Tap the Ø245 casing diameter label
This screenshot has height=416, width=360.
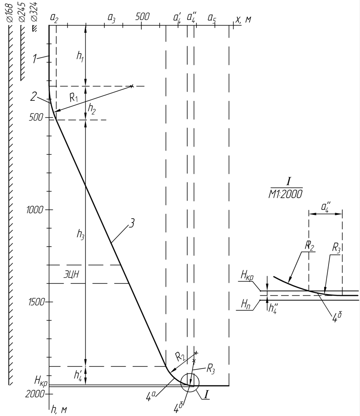(x=22, y=13)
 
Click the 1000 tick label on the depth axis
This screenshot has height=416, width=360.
(x=34, y=210)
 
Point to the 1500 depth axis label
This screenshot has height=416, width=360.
(x=36, y=302)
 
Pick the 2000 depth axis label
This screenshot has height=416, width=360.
(x=34, y=394)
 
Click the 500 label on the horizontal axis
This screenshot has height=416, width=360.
(x=142, y=17)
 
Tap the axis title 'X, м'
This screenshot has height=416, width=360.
(x=243, y=19)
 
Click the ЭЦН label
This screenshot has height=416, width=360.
(x=71, y=274)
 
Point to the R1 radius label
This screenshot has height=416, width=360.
(x=74, y=98)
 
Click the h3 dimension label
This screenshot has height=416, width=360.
(x=80, y=234)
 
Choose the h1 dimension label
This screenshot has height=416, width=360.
(x=80, y=56)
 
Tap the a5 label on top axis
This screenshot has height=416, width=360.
(x=212, y=18)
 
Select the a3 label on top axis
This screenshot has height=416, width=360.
(x=111, y=18)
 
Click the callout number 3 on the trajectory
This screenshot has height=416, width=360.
(x=132, y=223)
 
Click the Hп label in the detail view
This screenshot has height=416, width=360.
(x=246, y=305)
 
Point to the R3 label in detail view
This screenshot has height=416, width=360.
(x=336, y=248)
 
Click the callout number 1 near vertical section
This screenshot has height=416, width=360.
(x=34, y=58)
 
